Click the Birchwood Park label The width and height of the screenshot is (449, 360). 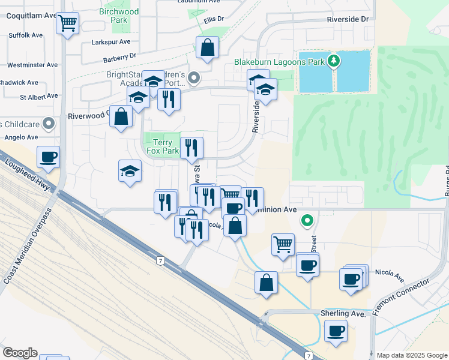tap(119, 16)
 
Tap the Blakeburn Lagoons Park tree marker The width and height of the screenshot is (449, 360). tap(335, 61)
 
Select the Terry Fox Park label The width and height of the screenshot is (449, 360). tap(163, 147)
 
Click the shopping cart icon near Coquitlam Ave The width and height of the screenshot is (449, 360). tap(68, 24)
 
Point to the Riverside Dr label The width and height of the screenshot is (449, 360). tap(347, 19)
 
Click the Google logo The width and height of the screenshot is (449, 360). tap(20, 353)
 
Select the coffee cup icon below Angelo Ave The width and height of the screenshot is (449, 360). tap(49, 157)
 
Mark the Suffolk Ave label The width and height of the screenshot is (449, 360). tap(26, 35)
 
